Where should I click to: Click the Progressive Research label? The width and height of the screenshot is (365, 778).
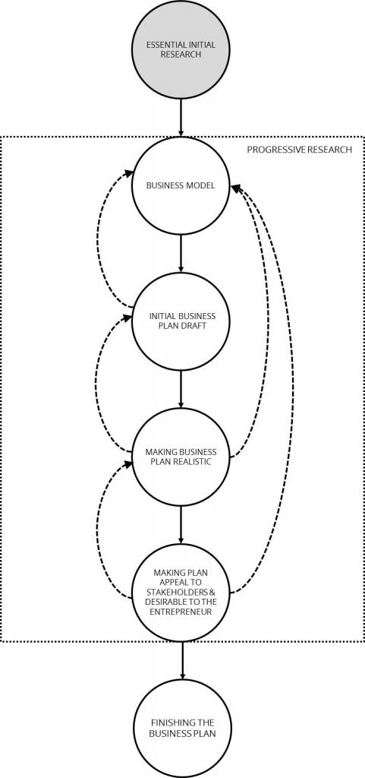pos(299,150)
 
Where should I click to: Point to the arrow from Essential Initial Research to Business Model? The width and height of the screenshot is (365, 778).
pos(181,118)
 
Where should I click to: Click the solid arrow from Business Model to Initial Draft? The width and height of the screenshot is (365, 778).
pos(181,254)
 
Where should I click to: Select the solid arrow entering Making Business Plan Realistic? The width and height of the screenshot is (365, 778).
pos(181,389)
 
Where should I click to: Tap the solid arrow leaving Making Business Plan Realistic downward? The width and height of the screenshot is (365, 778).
pos(181,525)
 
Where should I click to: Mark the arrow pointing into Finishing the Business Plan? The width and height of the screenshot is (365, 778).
pos(182,660)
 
